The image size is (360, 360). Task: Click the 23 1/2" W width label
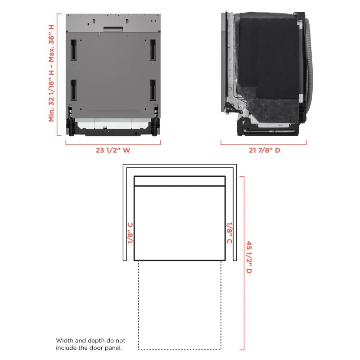tap(112, 150)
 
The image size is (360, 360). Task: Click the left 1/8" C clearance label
tap(130, 232)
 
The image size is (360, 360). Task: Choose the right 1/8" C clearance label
tap(229, 232)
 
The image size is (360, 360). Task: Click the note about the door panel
tap(90, 344)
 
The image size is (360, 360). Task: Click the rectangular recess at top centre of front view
tap(113, 29)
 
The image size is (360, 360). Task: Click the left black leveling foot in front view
tap(71, 126)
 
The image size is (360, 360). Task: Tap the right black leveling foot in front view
tap(155, 126)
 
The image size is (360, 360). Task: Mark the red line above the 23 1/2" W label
tap(113, 144)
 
